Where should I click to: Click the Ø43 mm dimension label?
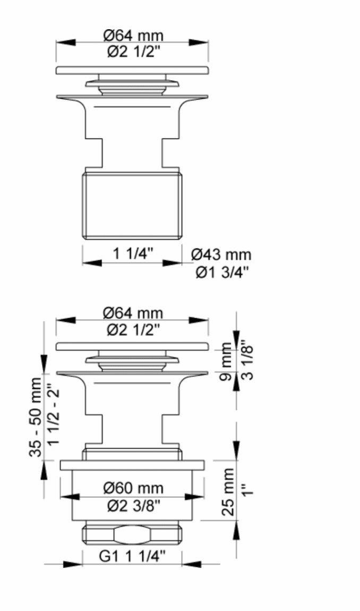coord(221,255)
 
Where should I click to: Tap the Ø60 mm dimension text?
coord(133,488)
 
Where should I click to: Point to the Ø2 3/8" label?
coord(134,506)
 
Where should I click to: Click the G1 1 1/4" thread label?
coord(132,556)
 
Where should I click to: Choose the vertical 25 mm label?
coord(228,492)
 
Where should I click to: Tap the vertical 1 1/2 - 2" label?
coord(54,417)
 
